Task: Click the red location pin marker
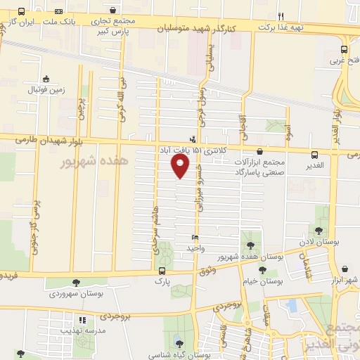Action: [180, 166]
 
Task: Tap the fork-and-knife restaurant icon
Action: [281, 15]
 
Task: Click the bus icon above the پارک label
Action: [163, 271]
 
